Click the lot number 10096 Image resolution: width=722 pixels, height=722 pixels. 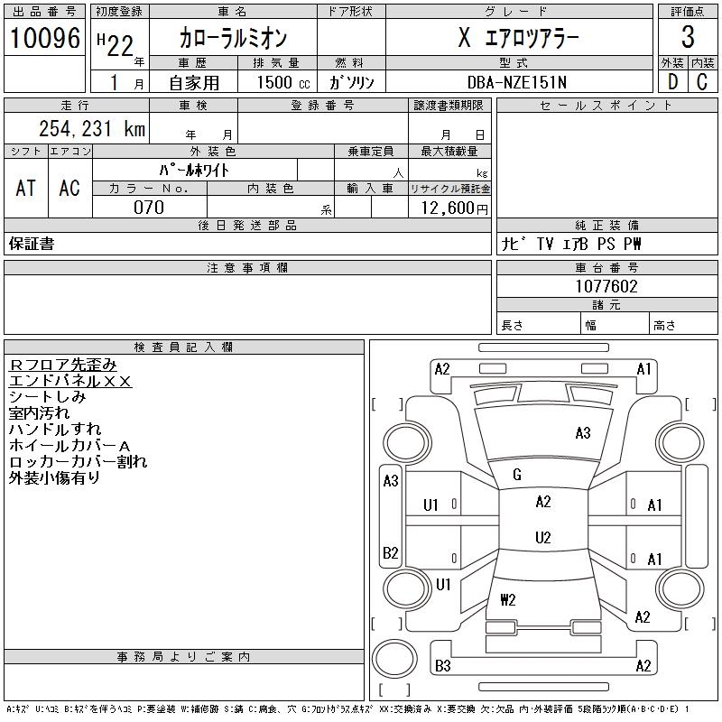tap(44, 38)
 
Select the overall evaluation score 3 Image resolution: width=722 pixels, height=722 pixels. tap(688, 38)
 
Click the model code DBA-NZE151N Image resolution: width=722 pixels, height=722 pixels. tap(518, 82)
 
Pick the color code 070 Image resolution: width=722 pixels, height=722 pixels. tap(149, 208)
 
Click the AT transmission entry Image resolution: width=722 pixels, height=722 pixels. tap(26, 188)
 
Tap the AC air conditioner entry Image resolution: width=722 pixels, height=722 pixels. tap(69, 188)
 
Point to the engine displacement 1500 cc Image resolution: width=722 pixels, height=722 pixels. tap(276, 82)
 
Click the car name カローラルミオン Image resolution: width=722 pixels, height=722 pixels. tap(233, 39)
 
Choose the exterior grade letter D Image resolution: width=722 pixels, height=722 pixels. tap(672, 82)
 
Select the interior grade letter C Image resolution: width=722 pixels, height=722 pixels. tap(702, 82)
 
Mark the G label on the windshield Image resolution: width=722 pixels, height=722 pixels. tap(517, 474)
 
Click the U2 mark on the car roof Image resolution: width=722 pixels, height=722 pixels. tap(542, 538)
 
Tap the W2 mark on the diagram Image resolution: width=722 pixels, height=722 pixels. tap(507, 598)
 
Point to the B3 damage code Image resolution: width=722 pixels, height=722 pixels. tap(442, 666)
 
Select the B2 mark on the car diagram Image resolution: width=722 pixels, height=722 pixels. tap(390, 552)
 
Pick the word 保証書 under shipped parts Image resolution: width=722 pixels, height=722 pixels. tap(32, 244)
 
